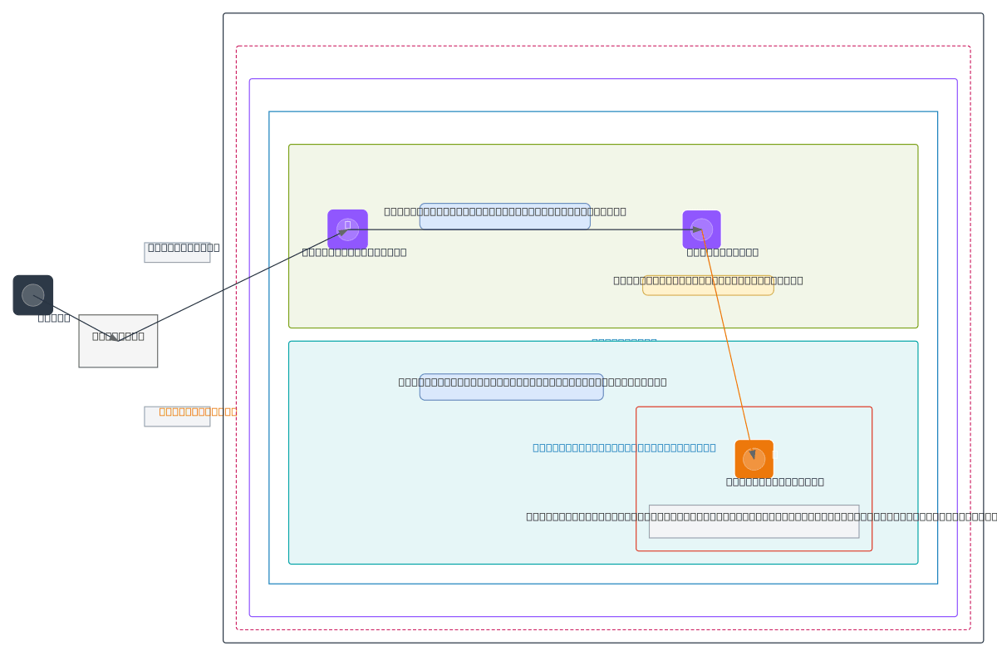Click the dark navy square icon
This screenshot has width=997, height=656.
pos(33,295)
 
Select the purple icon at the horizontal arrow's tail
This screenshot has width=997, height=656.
pos(347,229)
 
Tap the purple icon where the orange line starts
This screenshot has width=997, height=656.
pos(701,229)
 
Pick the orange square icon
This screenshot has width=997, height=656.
pos(754,459)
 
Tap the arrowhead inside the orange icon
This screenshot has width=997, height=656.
pos(752,455)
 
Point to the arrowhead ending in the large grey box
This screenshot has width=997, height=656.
pos(113,338)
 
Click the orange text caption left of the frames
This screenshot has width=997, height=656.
pos(198,412)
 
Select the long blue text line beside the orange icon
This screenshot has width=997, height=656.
pos(624,447)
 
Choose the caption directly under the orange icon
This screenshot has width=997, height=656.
pos(774,481)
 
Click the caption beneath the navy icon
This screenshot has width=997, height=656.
pos(54,318)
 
